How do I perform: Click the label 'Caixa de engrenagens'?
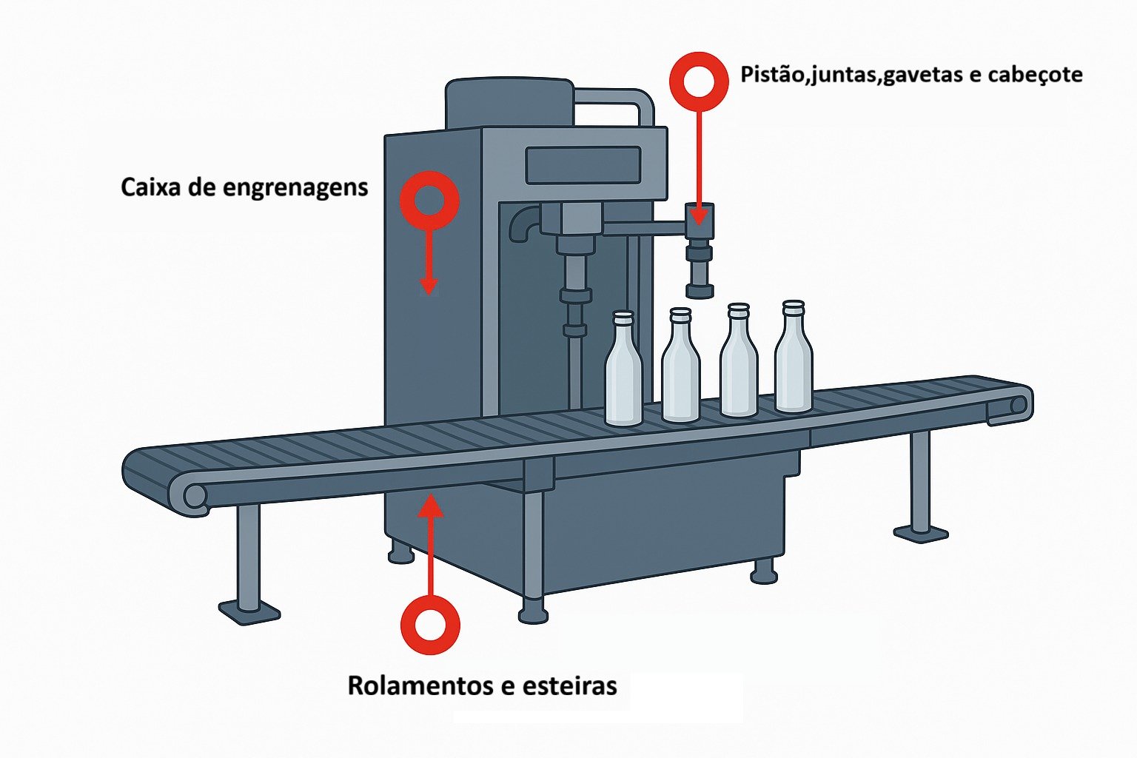(x=244, y=187)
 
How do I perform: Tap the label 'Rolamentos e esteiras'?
(x=482, y=685)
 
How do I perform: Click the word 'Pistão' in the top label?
(x=771, y=75)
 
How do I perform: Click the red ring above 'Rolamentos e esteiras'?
(x=430, y=625)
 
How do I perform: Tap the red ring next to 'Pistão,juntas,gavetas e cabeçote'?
(x=699, y=81)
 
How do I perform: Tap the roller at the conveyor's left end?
(x=195, y=495)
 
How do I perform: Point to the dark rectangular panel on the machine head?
(x=583, y=165)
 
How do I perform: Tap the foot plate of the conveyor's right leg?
(x=920, y=532)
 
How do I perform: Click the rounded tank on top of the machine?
(x=509, y=104)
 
